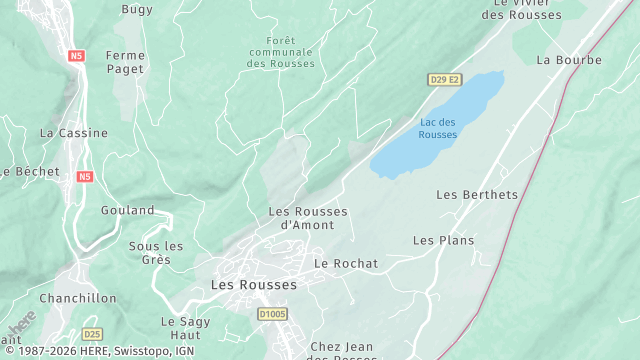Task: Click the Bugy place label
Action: tap(136, 9)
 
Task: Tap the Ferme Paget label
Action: tap(125, 62)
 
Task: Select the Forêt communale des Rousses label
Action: tap(280, 52)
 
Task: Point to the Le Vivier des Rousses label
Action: tap(522, 9)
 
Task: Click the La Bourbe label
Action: tap(569, 60)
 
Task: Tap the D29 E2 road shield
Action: tap(445, 79)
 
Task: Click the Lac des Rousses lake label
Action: tap(438, 128)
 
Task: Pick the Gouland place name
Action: tap(128, 210)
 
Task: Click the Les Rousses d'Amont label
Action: tap(308, 218)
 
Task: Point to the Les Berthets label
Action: tap(477, 194)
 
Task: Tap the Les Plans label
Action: tap(443, 240)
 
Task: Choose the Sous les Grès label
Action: tap(156, 253)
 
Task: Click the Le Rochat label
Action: tap(346, 263)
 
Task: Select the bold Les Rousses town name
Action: tap(254, 285)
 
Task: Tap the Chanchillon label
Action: tap(78, 298)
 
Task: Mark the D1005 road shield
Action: tap(271, 314)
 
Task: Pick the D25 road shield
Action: tap(93, 334)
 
